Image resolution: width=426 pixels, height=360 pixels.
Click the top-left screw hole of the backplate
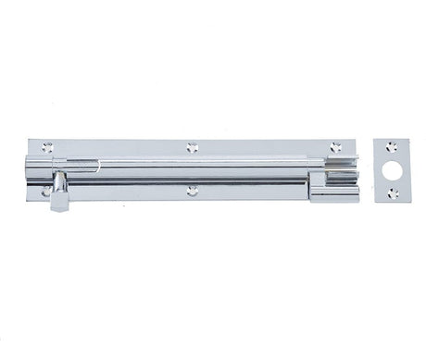[47, 147]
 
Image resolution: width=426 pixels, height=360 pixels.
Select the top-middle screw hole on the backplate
[192, 147]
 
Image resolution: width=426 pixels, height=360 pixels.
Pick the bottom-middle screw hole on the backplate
[192, 191]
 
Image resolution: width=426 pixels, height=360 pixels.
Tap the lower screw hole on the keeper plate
[393, 192]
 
